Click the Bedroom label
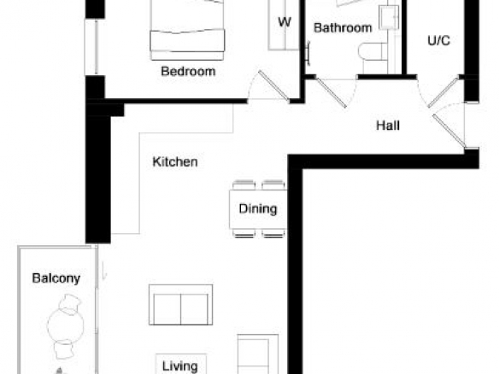(x=188, y=71)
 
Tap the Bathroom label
(x=343, y=28)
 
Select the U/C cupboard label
(x=439, y=40)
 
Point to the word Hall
(x=388, y=126)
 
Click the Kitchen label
(x=175, y=162)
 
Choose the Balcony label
(x=56, y=278)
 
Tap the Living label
(x=180, y=366)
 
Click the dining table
(x=258, y=209)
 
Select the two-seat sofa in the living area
(x=181, y=305)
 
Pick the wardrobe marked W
(x=284, y=25)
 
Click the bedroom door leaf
(x=273, y=86)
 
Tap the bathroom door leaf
(x=331, y=92)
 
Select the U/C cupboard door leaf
(x=443, y=92)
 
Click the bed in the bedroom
(x=187, y=30)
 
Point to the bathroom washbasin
(x=389, y=17)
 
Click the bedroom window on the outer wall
(x=91, y=47)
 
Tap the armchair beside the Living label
(x=258, y=354)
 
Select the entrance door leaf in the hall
(x=449, y=131)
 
